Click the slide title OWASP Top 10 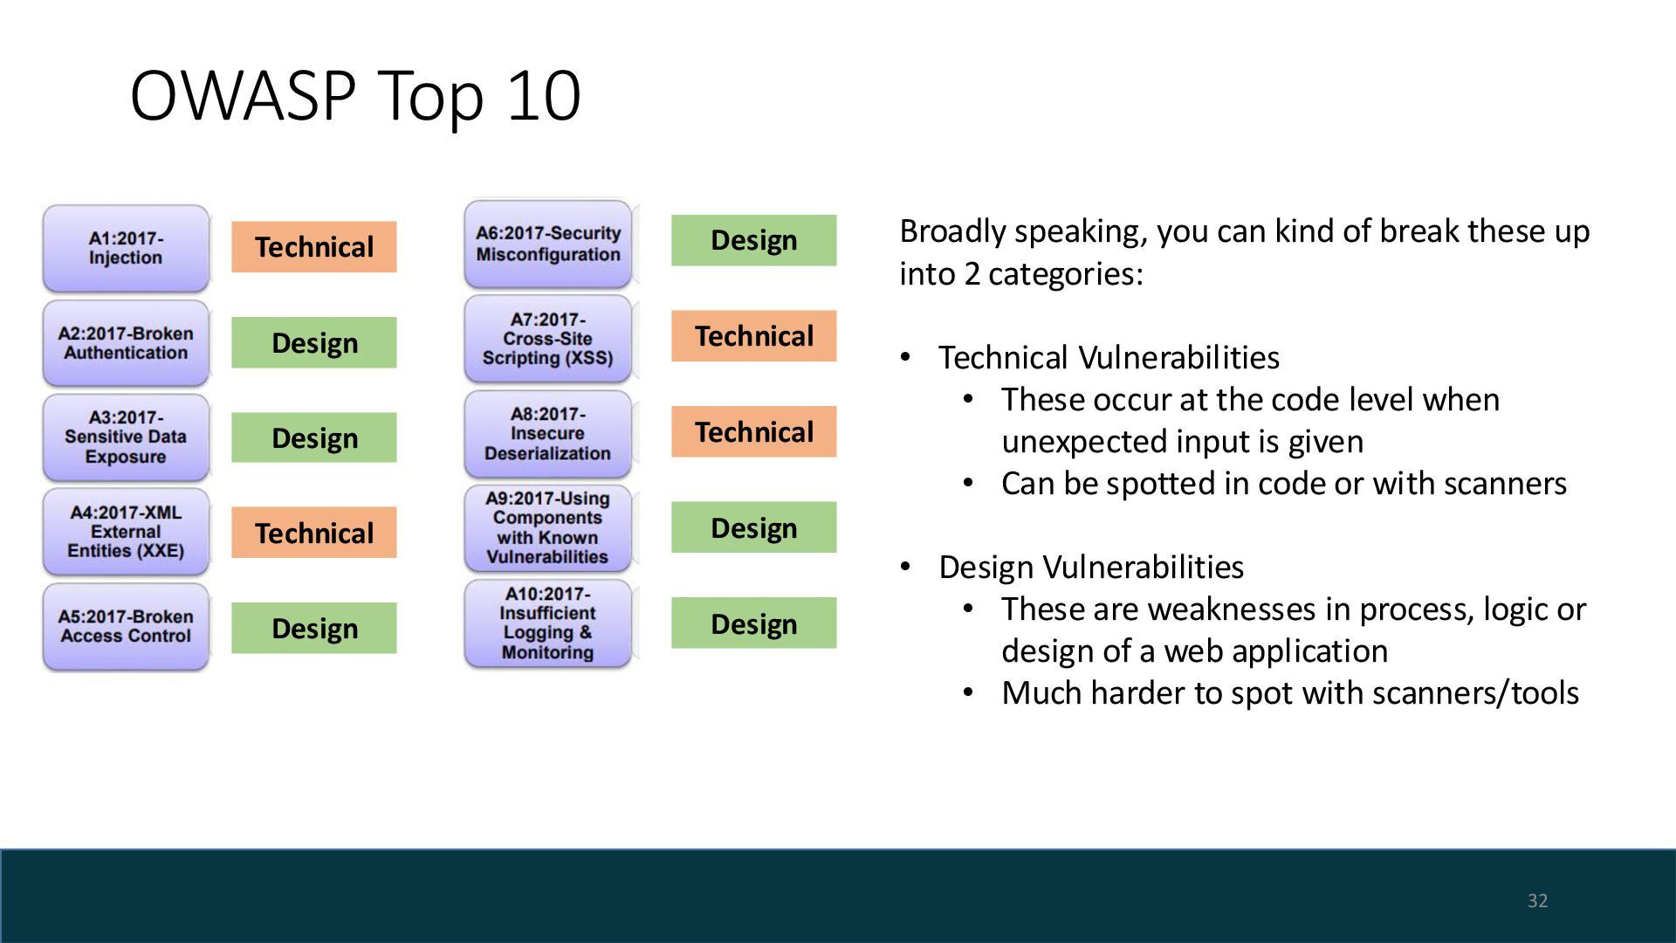point(355,95)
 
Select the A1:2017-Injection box point(126,248)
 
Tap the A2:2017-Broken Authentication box point(126,343)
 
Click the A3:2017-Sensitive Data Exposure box point(126,437)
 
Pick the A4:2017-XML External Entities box point(126,532)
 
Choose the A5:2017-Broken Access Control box point(126,627)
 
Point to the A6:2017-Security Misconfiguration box point(548,244)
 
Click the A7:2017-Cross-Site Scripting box point(548,339)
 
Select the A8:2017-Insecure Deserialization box point(548,434)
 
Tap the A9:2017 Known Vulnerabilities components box point(548,528)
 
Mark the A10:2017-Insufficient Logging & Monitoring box point(548,623)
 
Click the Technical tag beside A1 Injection point(314,247)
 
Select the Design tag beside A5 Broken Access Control point(314,628)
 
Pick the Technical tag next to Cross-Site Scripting point(754,336)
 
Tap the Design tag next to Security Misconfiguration point(754,240)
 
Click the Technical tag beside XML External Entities point(314,533)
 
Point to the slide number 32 point(1538,901)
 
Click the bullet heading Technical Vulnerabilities point(1109,357)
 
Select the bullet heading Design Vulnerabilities point(1091,567)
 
